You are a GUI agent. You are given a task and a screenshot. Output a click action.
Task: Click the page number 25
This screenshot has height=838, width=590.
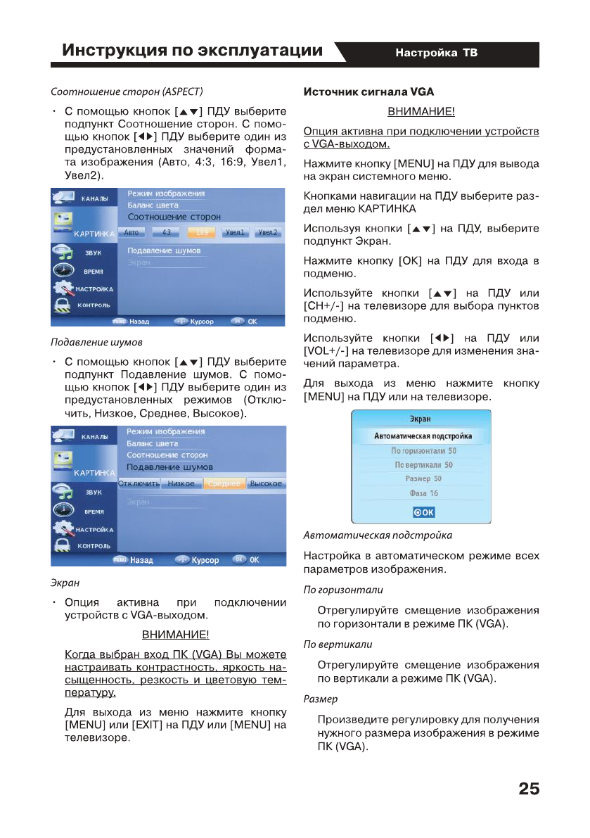click(x=529, y=789)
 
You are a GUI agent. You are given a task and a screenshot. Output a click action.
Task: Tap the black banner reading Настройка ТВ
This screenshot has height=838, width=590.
click(x=436, y=53)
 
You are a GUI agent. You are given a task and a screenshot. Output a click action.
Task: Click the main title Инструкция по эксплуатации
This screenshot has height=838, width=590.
click(x=192, y=51)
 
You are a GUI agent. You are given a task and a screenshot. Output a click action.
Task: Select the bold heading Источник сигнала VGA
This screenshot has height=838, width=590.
click(x=368, y=91)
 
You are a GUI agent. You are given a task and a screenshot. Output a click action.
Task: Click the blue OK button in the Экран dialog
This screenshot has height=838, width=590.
click(x=423, y=512)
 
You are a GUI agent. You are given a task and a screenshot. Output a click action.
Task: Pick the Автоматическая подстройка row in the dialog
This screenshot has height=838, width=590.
click(x=423, y=436)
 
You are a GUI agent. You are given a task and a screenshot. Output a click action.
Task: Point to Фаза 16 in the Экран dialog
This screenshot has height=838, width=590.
click(x=423, y=493)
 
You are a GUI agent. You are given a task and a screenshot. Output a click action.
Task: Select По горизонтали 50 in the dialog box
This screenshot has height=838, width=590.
click(x=423, y=450)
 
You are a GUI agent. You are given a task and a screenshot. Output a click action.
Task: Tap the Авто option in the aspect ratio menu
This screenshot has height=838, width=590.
click(x=134, y=232)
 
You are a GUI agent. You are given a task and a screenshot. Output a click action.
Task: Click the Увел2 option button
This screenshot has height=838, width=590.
click(x=267, y=232)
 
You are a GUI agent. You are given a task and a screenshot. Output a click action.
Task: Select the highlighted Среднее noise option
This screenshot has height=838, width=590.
click(x=224, y=483)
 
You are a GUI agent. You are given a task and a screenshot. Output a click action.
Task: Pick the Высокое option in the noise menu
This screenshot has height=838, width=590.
click(x=266, y=483)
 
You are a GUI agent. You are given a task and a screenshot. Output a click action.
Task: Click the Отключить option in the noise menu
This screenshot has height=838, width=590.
click(x=139, y=483)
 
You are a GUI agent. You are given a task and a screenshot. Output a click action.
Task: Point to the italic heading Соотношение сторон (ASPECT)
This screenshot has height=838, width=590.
click(x=127, y=91)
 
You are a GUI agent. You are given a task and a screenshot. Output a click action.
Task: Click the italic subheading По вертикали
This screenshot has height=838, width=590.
click(x=337, y=644)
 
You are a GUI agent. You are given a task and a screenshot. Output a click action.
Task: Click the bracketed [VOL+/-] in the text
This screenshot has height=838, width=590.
click(x=327, y=350)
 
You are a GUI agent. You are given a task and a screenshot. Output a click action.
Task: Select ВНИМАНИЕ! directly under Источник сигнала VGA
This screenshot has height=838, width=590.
click(x=421, y=112)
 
